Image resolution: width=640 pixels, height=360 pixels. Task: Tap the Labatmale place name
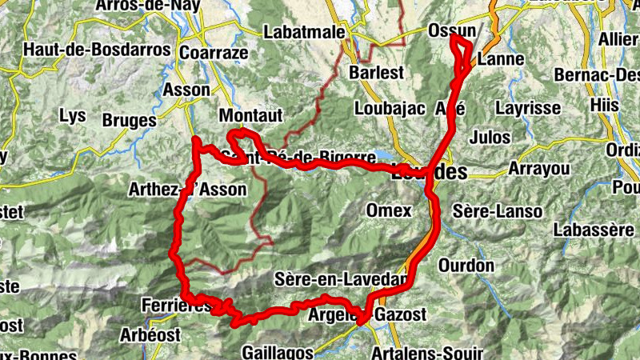305,33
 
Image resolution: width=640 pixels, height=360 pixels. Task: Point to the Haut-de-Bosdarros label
98,50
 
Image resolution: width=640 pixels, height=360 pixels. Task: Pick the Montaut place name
250,116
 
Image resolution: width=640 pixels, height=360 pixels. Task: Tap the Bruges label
130,121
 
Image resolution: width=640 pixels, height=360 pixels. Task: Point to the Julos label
490,137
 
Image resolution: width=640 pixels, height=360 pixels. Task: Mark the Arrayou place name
537,170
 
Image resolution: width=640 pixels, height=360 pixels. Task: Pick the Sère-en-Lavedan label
341,280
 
